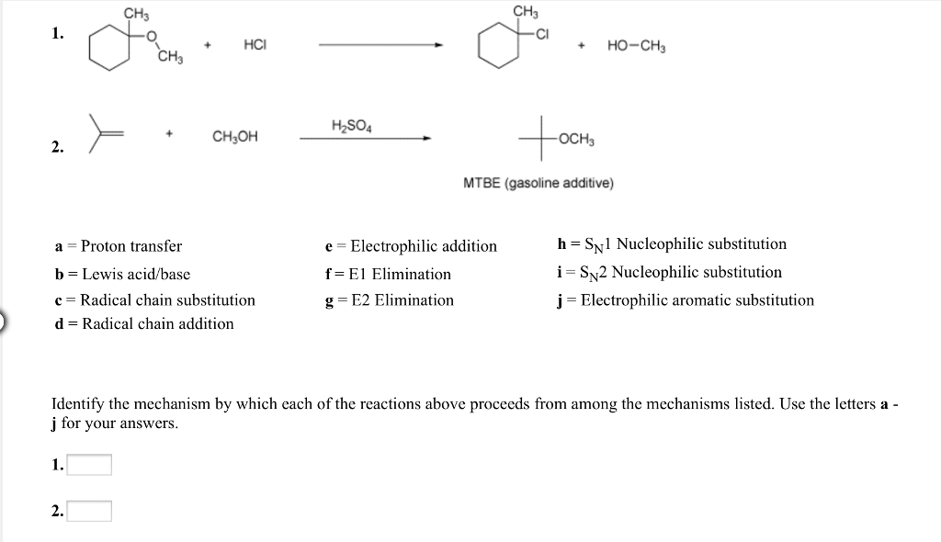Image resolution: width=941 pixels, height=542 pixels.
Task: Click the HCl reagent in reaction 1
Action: point(255,45)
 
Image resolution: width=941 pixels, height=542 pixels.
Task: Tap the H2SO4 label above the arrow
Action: point(351,124)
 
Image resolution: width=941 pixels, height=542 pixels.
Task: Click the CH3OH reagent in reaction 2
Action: point(235,137)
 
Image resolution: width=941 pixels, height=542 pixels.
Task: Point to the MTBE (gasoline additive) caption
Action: point(539,183)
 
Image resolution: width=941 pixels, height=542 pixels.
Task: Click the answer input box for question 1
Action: point(89,466)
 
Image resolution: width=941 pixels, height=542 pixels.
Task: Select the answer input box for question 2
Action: point(89,511)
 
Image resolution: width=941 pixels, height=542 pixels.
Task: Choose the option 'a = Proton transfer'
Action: point(119,246)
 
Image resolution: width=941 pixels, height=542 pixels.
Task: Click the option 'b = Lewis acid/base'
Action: point(122,274)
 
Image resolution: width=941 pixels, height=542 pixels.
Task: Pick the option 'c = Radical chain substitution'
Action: point(154,300)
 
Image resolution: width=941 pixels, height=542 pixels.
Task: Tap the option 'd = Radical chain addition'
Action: point(144,323)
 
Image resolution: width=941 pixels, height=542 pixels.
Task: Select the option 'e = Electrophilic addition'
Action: point(411,246)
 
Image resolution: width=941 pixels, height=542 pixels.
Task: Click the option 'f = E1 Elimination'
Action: point(388,274)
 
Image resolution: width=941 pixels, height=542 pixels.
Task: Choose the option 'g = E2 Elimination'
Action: point(390,300)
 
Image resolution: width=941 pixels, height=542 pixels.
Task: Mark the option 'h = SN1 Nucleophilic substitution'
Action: point(672,244)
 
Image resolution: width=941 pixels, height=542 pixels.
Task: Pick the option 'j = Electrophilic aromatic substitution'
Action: point(686,300)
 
